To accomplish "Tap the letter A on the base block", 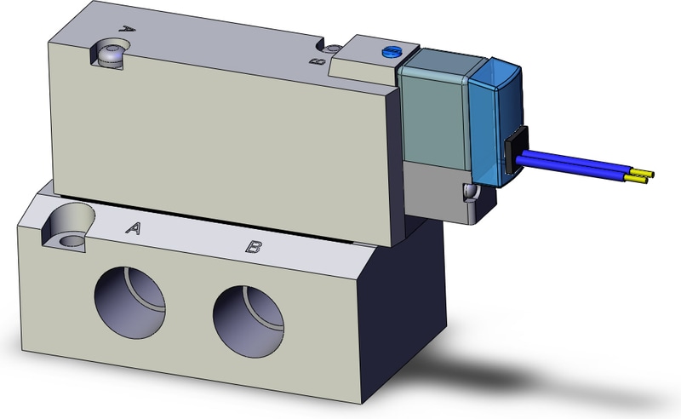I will tap(133, 227).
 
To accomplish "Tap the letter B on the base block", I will tap(253, 247).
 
